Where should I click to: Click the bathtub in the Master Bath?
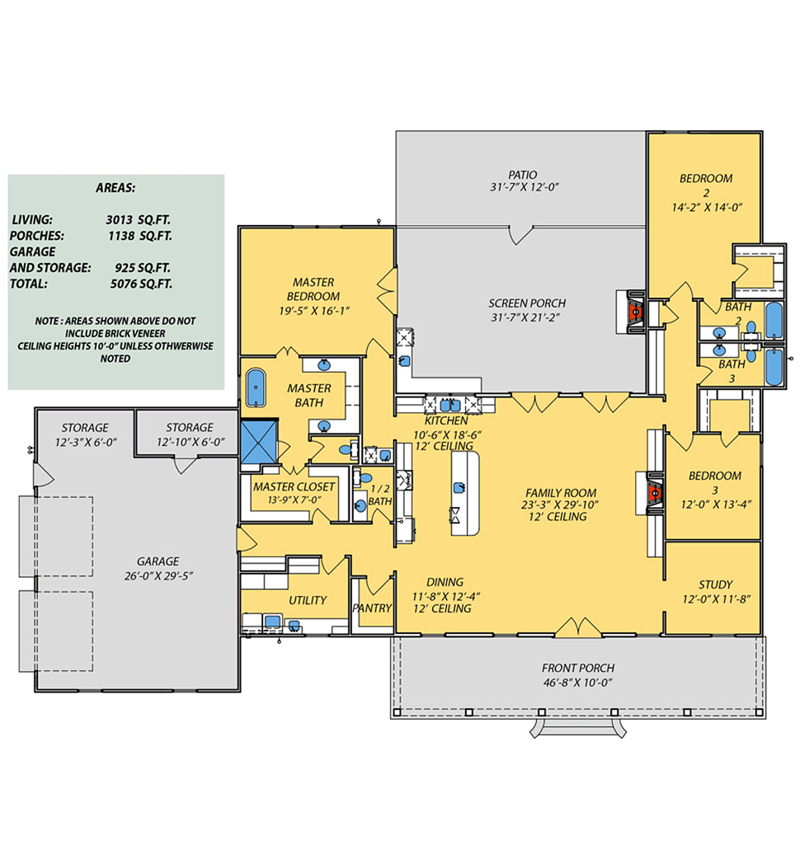256,387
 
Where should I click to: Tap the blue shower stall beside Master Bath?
259,441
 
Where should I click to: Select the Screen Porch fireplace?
633,312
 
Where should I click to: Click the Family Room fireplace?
653,493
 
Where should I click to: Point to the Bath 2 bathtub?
774,320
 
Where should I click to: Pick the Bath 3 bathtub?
774,368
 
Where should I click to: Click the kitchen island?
465,492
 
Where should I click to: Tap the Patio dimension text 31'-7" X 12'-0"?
525,187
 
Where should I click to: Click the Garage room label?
158,561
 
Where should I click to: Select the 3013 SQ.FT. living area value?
138,219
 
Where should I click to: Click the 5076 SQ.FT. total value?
141,284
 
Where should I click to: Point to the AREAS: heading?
115,188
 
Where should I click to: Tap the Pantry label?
372,608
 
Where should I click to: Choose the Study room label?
716,584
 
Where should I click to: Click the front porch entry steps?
578,728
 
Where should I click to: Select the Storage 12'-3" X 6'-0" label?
85,434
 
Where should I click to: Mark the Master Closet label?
294,486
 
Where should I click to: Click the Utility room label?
308,600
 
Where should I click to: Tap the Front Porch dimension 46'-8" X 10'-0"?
577,683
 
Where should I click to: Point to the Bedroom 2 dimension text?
707,207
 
